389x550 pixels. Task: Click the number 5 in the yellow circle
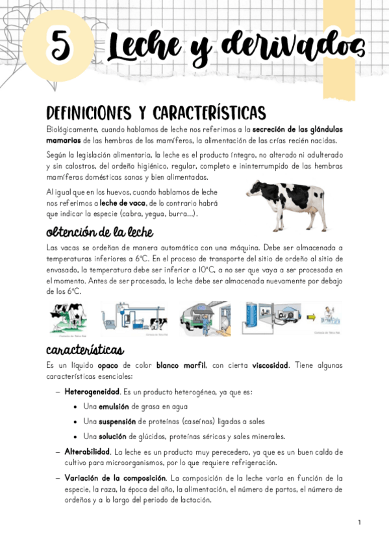click(x=59, y=44)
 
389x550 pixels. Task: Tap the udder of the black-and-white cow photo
click(x=296, y=211)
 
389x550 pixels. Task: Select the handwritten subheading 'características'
click(x=84, y=350)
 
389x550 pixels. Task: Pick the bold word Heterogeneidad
click(x=92, y=393)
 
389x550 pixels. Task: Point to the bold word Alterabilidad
click(x=87, y=451)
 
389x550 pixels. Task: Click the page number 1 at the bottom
click(x=359, y=522)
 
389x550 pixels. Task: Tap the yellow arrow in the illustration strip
click(x=310, y=318)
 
